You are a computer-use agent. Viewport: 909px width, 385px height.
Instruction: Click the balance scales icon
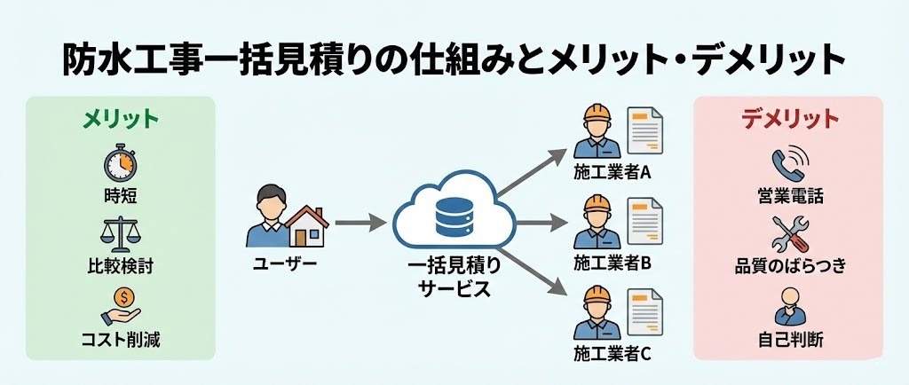coord(120,234)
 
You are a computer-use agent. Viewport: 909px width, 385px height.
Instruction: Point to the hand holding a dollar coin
coord(122,304)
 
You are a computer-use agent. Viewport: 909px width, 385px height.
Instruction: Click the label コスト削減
coord(121,340)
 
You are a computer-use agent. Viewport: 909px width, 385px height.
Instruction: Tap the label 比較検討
coord(121,267)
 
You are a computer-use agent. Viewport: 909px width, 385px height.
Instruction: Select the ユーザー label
coord(284,263)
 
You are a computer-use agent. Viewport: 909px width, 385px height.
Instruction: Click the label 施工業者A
coord(613,173)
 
